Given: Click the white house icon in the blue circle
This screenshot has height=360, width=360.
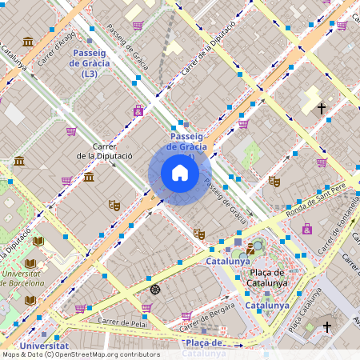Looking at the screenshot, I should click(x=179, y=173).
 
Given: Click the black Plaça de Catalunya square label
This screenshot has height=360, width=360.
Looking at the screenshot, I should click(x=265, y=277).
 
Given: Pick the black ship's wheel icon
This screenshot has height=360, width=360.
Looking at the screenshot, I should click(x=155, y=289).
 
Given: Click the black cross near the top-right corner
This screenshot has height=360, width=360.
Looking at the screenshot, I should click(x=322, y=107).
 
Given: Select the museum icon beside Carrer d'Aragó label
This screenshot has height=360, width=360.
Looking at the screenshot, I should click(x=28, y=42).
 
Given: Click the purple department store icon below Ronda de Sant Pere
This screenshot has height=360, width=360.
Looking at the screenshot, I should click(x=307, y=230).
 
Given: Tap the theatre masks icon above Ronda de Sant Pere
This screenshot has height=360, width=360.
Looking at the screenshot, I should click(x=274, y=182).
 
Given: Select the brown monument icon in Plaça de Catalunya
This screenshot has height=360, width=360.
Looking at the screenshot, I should click(x=251, y=249).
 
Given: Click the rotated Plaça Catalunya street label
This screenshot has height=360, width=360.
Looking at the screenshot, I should click(x=298, y=314).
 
